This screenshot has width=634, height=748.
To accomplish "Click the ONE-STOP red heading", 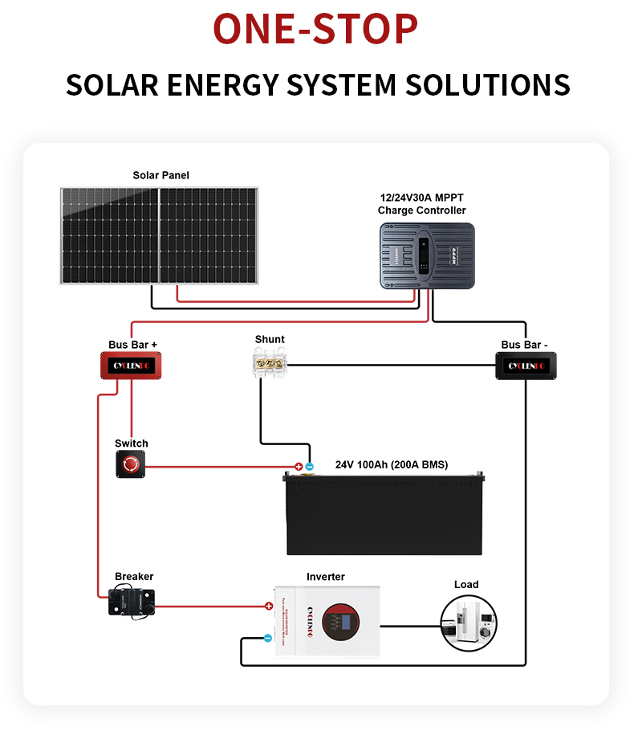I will pyautogui.click(x=315, y=29).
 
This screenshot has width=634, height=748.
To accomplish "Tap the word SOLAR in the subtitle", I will pyautogui.click(x=112, y=84).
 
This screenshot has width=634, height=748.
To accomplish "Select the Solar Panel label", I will pyautogui.click(x=161, y=175).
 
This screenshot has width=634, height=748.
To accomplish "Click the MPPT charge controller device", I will pyautogui.click(x=427, y=255).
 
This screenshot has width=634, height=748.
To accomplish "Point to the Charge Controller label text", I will pyautogui.click(x=421, y=211).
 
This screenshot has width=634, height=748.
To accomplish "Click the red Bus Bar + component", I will pyautogui.click(x=131, y=366).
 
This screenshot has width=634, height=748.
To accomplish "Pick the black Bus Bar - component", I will pyautogui.click(x=525, y=366).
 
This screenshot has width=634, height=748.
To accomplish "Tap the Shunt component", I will pyautogui.click(x=267, y=363).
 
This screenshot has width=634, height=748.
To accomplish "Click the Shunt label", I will pyautogui.click(x=270, y=339).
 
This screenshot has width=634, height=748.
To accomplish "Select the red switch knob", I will pyautogui.click(x=131, y=464).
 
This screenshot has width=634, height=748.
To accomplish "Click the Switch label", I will pyautogui.click(x=132, y=443).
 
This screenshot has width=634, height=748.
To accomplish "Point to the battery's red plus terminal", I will pyautogui.click(x=299, y=466).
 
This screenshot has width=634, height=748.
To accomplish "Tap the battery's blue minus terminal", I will pyautogui.click(x=309, y=466).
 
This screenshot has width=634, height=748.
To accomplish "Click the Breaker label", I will pyautogui.click(x=134, y=577).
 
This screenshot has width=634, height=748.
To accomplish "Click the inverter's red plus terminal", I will pyautogui.click(x=269, y=606).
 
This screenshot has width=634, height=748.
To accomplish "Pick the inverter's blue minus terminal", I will pyautogui.click(x=268, y=639).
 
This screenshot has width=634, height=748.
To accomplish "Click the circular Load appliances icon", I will pyautogui.click(x=465, y=623).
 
